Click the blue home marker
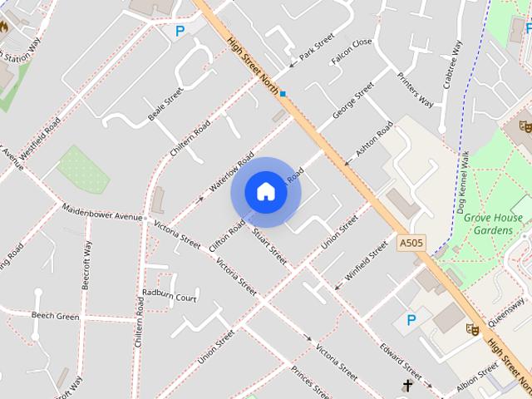[266, 191]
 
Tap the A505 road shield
[410, 243]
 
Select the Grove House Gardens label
[493, 224]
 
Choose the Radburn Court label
[170, 294]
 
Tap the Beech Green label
[56, 316]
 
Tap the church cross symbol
[407, 386]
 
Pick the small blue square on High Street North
[283, 94]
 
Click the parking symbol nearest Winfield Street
[411, 319]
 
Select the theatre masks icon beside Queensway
[472, 329]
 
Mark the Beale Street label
[165, 105]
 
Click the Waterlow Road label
[231, 172]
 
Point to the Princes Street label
[311, 381]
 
